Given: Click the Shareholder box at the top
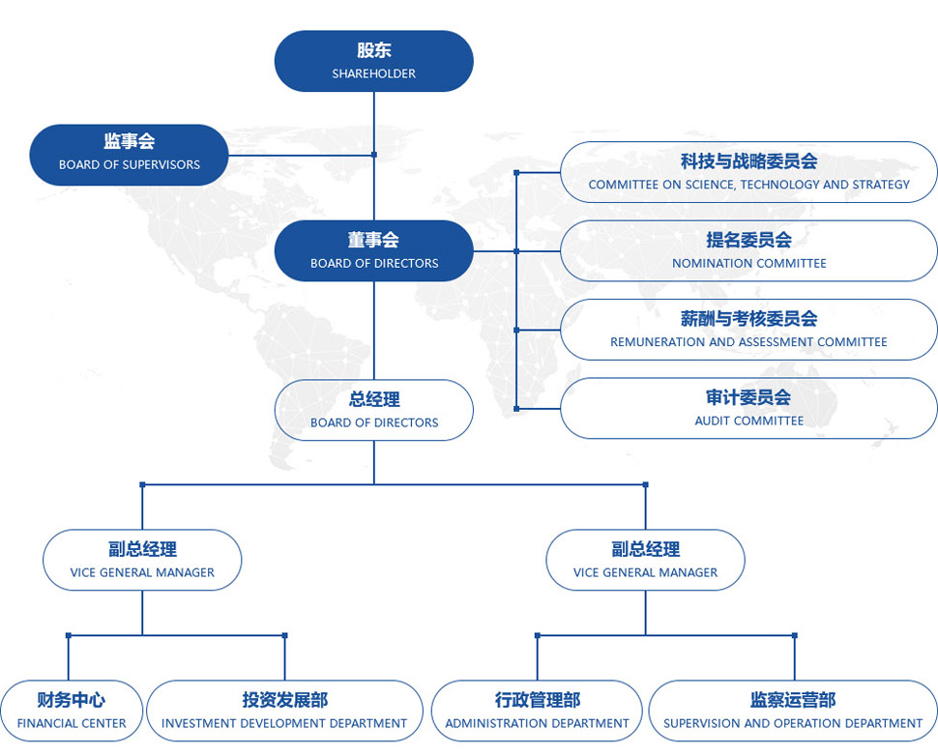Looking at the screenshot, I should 373,61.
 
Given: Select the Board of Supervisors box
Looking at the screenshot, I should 129,154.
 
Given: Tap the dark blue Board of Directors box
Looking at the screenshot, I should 373,250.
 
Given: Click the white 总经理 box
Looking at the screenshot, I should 373,410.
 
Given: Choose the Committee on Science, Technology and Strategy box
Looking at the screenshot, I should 748,172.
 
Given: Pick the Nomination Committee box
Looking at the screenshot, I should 748,250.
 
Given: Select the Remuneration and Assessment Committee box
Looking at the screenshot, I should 748,330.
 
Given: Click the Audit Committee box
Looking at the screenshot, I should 748,408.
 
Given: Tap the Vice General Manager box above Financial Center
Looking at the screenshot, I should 142,560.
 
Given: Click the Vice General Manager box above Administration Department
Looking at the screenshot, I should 645,560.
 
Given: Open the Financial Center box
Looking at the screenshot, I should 72,711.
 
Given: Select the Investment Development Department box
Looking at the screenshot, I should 284,711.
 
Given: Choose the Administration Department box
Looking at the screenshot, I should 537,711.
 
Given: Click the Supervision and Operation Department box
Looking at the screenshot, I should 793,711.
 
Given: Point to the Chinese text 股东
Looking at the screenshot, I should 373,51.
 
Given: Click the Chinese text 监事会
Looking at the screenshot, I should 129,142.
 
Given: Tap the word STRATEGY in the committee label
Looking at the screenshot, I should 881,185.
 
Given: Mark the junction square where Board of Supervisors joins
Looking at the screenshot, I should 373,154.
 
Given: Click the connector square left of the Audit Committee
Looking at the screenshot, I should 516,409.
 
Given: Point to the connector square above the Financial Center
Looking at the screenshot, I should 69,635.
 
